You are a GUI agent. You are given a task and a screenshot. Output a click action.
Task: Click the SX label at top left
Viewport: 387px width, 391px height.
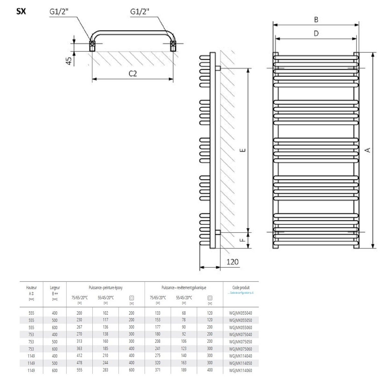pyautogui.click(x=21, y=12)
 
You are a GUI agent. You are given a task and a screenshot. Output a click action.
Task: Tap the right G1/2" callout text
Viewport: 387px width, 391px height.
pyautogui.click(x=140, y=12)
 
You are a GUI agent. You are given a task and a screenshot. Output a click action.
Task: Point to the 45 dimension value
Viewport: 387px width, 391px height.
pyautogui.click(x=69, y=61)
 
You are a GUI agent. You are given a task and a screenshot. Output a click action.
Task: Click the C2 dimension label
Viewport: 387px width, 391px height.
pyautogui.click(x=133, y=73)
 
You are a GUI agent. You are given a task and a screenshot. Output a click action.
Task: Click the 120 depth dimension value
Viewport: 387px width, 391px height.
pyautogui.click(x=232, y=261)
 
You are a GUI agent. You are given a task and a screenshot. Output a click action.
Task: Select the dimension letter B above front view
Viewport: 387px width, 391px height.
pyautogui.click(x=316, y=20)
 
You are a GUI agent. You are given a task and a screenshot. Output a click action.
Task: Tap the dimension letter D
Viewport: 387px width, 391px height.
pyautogui.click(x=316, y=33)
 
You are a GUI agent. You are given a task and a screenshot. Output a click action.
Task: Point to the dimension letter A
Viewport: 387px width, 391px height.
pyautogui.click(x=367, y=150)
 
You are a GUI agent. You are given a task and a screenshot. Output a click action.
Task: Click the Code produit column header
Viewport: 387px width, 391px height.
pyautogui.click(x=241, y=288)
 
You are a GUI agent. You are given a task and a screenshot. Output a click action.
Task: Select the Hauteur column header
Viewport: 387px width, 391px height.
pyautogui.click(x=31, y=288)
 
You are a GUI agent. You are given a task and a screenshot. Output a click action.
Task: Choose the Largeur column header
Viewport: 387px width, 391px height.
pyautogui.click(x=55, y=288)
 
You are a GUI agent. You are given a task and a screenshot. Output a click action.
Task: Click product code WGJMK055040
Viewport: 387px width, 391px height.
pyautogui.click(x=240, y=313)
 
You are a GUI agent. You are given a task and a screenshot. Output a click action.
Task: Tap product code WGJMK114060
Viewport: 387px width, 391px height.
pyautogui.click(x=240, y=370)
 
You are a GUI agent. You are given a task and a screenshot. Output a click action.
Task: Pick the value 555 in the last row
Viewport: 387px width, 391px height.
pyautogui.click(x=79, y=370)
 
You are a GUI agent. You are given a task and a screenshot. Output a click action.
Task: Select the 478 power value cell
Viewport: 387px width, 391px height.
pyautogui.click(x=79, y=363)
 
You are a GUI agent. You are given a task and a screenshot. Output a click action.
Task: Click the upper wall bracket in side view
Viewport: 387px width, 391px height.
pyautogui.click(x=218, y=68)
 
